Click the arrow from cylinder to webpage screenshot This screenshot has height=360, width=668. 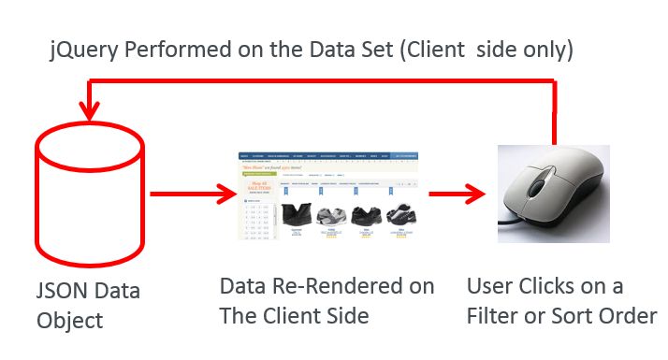point(192,195)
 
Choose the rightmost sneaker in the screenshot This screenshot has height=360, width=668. point(402,215)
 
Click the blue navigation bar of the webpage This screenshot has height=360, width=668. point(332,154)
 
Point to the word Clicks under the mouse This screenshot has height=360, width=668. point(547,286)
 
